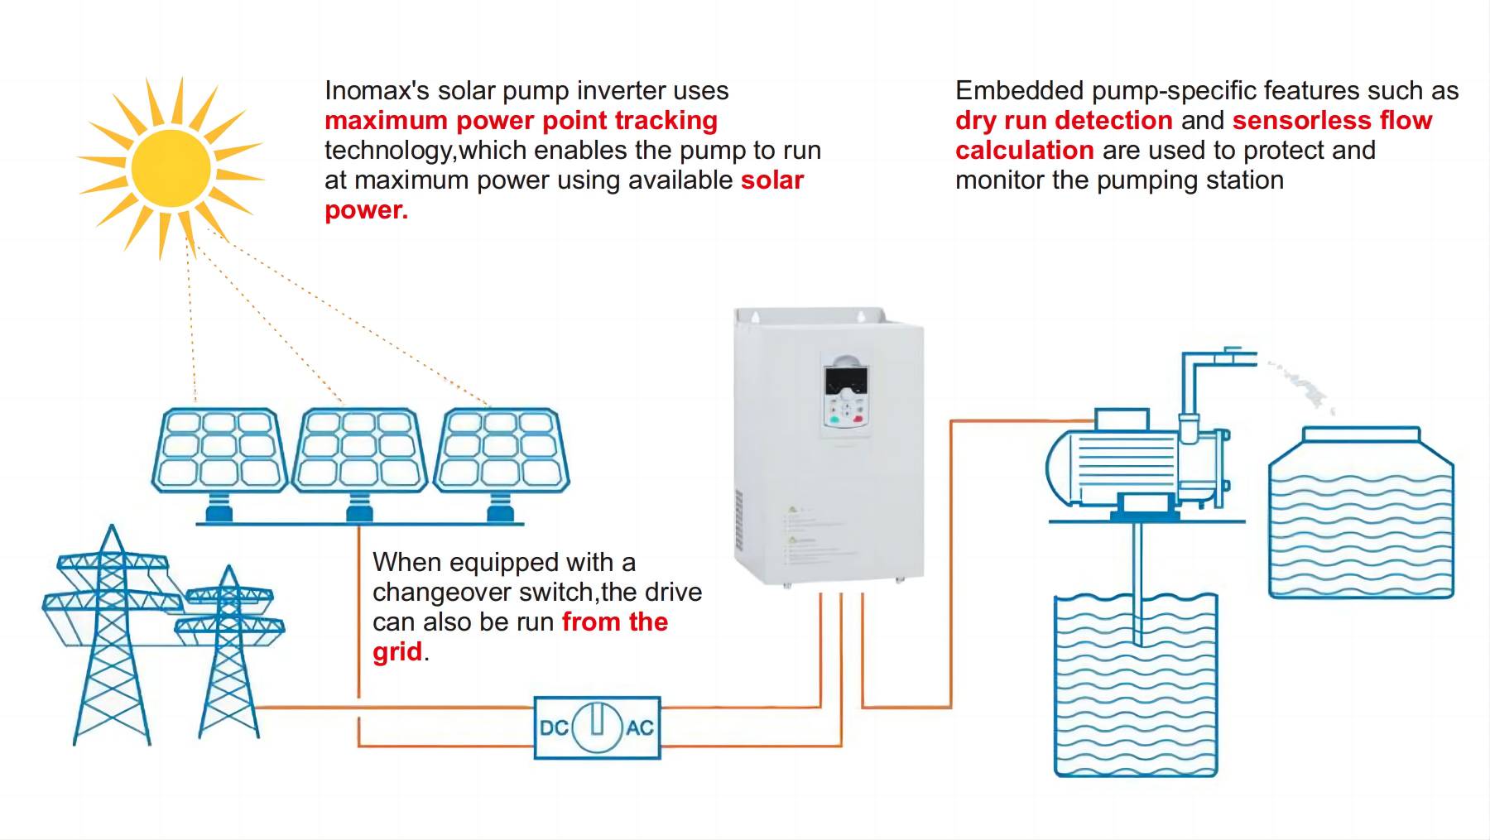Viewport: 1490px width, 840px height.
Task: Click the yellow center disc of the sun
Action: click(171, 168)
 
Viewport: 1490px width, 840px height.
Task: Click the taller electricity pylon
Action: click(112, 637)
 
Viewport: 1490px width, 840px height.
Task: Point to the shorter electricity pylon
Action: click(229, 654)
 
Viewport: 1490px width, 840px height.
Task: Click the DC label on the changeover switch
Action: click(554, 728)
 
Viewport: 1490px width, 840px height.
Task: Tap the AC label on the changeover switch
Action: click(640, 728)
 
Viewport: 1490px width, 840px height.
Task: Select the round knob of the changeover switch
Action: click(597, 727)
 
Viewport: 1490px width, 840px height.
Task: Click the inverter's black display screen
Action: click(846, 382)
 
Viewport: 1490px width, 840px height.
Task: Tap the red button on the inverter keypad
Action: click(858, 420)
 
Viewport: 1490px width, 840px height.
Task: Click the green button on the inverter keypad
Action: click(834, 420)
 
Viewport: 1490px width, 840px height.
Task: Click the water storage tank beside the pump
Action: click(1361, 517)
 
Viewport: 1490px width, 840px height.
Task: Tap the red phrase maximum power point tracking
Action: click(521, 121)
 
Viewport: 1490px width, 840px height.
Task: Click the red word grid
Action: click(397, 652)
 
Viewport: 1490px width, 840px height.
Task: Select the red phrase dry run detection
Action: click(1064, 121)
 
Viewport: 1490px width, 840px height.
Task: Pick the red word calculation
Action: click(1024, 151)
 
